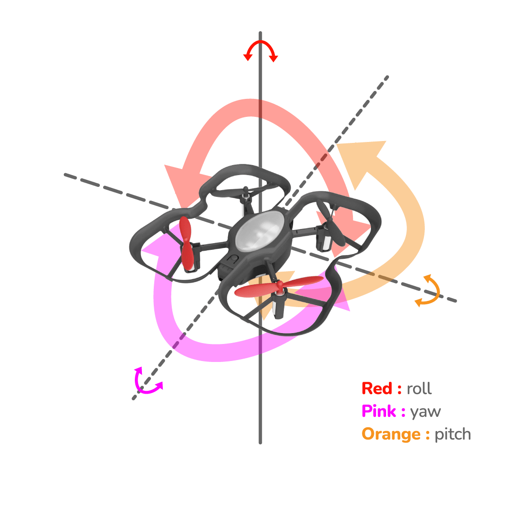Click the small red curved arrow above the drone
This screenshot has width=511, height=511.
tap(260, 49)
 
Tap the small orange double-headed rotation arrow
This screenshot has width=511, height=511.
tap(428, 290)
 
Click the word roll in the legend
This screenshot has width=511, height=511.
tap(419, 389)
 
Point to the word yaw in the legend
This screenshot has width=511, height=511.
tap(425, 412)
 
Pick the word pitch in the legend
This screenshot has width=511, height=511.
tap(453, 434)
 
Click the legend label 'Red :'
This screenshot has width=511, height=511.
tap(381, 389)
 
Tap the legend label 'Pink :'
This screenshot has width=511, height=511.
tap(383, 412)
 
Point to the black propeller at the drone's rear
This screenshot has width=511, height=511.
tap(246, 193)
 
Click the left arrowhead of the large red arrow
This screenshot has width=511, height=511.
tap(182, 182)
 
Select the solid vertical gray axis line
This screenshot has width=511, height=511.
tap(260, 402)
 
